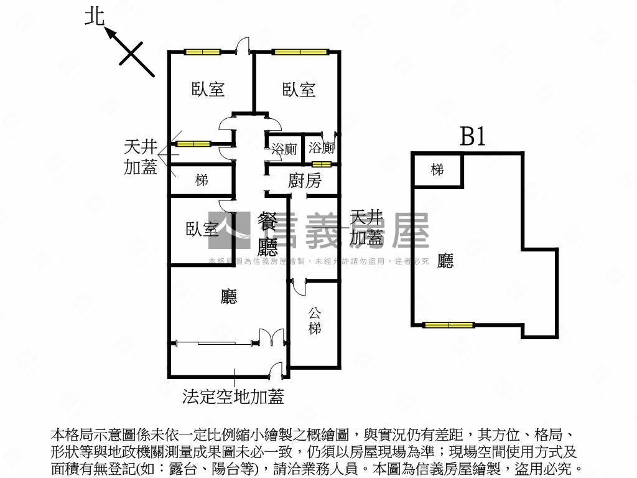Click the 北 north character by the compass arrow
[x=95, y=16]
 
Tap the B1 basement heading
[x=472, y=136]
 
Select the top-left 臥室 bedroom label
[x=208, y=89]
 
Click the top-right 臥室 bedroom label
[x=299, y=89]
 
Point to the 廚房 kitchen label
[x=305, y=181]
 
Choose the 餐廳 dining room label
[x=268, y=235]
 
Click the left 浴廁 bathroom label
[x=284, y=148]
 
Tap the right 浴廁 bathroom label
[x=322, y=148]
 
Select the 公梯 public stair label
[x=315, y=320]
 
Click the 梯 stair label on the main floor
[x=201, y=180]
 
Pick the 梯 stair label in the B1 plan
[x=437, y=169]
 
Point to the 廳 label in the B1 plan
[x=445, y=260]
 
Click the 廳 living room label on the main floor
[x=229, y=297]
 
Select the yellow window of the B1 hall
[x=449, y=324]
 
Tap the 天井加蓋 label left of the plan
[x=141, y=156]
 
